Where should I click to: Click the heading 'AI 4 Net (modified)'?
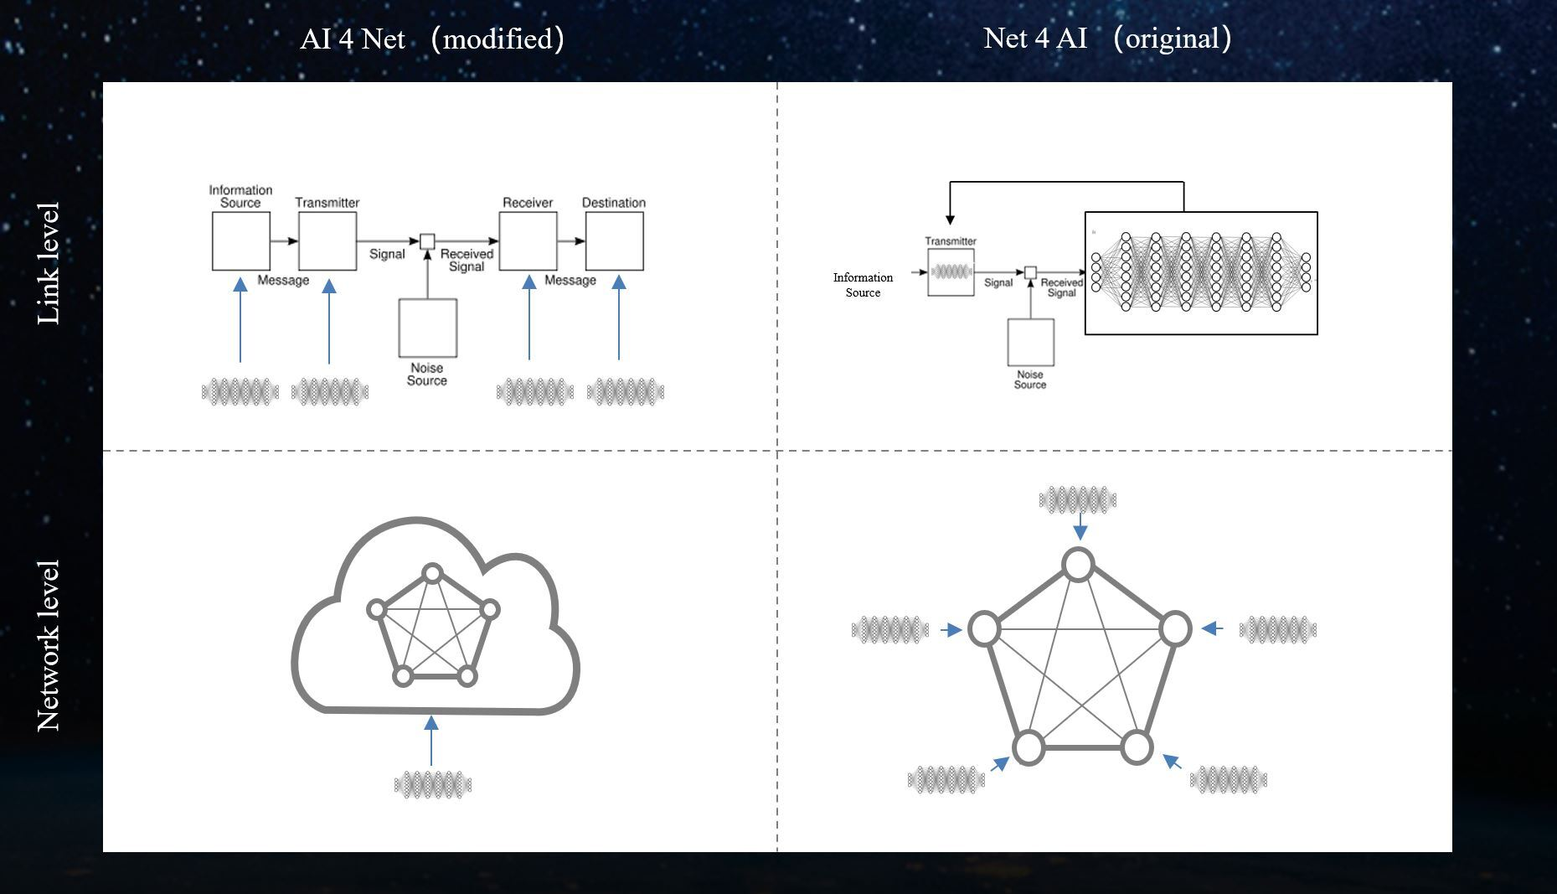click(x=431, y=39)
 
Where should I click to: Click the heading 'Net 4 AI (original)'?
click(x=1106, y=39)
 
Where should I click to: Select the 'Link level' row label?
click(x=49, y=264)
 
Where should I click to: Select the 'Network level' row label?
click(x=49, y=646)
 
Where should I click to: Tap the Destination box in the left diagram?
click(x=614, y=241)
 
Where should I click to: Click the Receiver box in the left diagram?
click(x=528, y=241)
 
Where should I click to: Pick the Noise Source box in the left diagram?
click(x=427, y=328)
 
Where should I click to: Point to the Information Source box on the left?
click(x=240, y=241)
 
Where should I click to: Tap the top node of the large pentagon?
click(x=1078, y=565)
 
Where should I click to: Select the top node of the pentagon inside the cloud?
click(x=432, y=574)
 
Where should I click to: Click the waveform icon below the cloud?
click(x=433, y=785)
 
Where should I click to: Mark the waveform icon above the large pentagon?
click(x=1078, y=501)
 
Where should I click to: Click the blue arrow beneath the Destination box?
click(x=619, y=318)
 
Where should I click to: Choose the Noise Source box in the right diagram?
click(x=1030, y=342)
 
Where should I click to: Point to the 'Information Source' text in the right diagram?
click(x=863, y=285)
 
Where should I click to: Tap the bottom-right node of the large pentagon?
click(x=1137, y=747)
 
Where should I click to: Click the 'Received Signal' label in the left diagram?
click(x=467, y=260)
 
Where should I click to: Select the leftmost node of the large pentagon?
click(x=984, y=629)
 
